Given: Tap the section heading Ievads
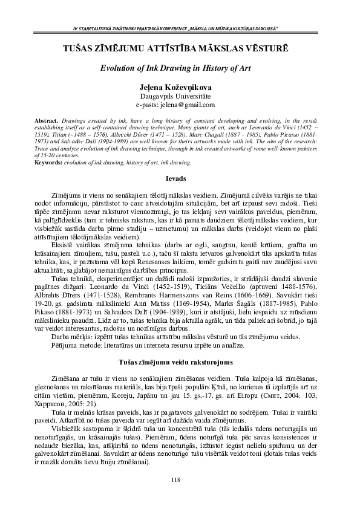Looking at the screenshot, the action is click(180, 180).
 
